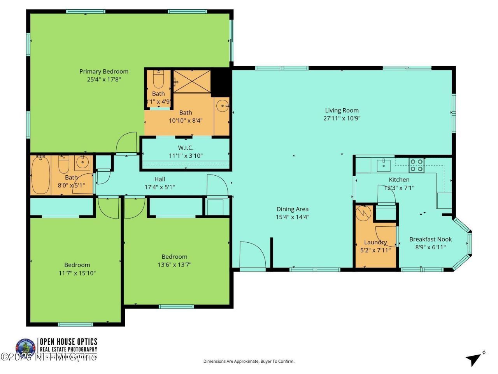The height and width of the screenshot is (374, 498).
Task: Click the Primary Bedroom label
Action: pos(104,71)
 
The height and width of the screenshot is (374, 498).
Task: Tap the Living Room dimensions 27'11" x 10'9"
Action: pos(342,118)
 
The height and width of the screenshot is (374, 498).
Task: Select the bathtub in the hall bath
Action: pos(40,175)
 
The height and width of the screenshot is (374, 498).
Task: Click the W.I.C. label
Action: pos(186,148)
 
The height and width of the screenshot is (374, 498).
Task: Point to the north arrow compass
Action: pos(474,359)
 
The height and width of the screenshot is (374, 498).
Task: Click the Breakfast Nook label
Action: pos(430,239)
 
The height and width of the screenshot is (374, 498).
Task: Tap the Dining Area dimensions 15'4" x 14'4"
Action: pos(293,217)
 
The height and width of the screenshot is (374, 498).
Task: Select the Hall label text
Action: pos(160,179)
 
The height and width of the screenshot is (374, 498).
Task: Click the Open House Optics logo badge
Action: pos(25,348)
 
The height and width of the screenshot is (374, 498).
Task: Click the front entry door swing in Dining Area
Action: pos(252,255)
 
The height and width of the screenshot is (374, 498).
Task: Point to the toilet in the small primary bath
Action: pos(158,80)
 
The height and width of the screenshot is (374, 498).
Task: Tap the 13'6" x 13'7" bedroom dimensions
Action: pos(174,265)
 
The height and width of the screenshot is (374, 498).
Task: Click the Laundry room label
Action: pos(375,242)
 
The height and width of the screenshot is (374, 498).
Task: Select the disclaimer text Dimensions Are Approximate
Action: pos(249,362)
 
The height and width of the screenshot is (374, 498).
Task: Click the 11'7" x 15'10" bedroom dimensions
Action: pos(77,273)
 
